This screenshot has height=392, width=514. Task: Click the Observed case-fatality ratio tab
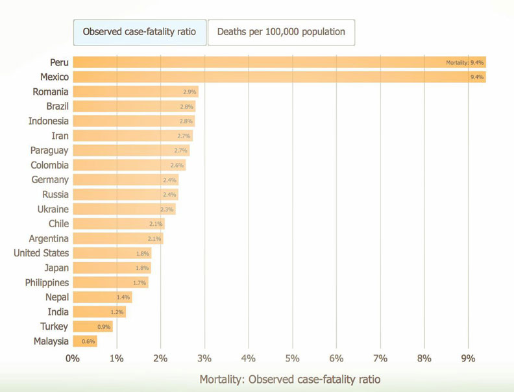[140, 31]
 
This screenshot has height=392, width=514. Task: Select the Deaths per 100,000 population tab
[281, 31]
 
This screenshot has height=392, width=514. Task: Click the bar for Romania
[135, 92]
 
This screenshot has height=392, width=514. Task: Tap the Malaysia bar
[84, 341]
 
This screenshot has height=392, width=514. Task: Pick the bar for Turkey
[92, 326]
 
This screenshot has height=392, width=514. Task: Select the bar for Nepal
[102, 297]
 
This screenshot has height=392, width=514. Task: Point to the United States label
[41, 253]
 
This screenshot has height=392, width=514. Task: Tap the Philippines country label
[47, 282]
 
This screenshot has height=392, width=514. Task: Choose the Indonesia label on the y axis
[48, 121]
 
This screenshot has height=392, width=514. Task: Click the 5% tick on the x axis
[292, 358]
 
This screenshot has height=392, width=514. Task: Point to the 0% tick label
[72, 358]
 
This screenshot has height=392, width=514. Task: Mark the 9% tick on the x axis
[468, 358]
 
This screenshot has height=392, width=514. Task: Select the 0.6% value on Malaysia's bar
[88, 341]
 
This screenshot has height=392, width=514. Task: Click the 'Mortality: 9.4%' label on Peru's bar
[465, 62]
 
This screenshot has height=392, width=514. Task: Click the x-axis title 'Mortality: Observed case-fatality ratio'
[289, 379]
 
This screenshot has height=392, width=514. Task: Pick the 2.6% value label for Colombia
[177, 165]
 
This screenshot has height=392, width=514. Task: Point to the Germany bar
[125, 180]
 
